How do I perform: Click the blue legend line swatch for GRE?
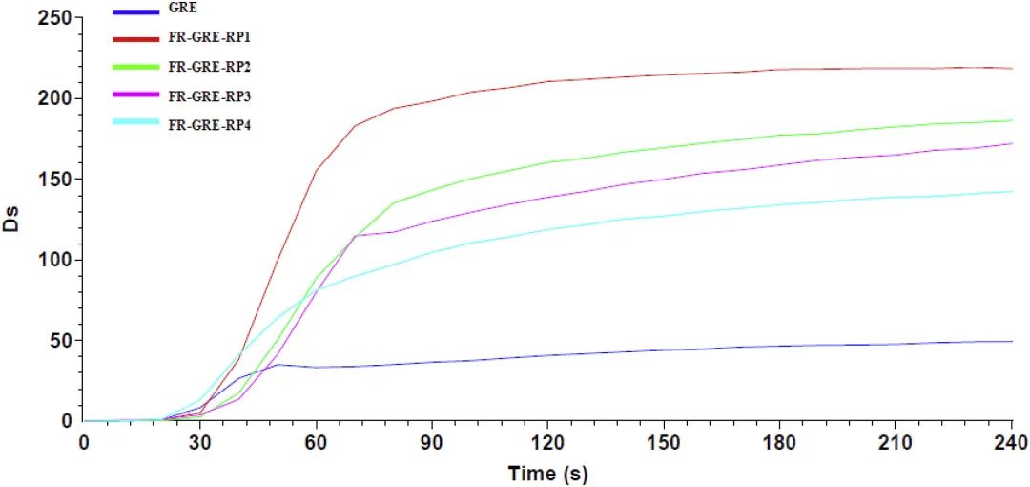135,12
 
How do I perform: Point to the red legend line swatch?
135,38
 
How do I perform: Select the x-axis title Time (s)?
546,473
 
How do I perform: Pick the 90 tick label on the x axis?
432,442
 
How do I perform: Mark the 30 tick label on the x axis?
200,442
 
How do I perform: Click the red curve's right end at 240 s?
1011,68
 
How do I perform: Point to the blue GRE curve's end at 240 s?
1011,341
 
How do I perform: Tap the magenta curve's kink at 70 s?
355,235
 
